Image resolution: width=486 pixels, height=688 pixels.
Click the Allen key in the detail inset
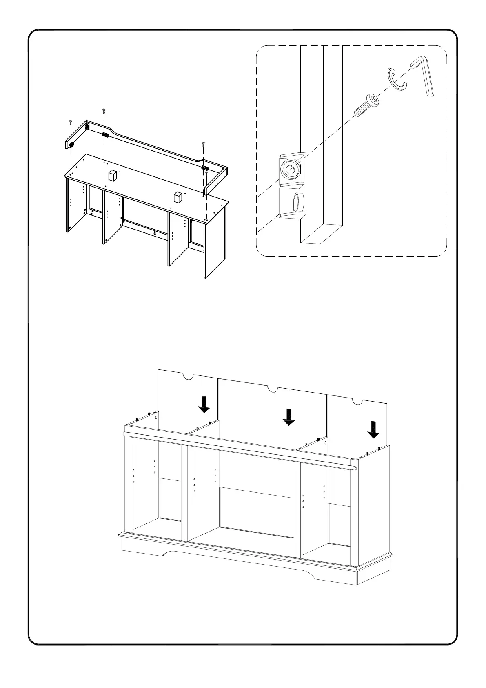point(424,77)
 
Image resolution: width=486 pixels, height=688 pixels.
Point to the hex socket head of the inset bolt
point(373,99)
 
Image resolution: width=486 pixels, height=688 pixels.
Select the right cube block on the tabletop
point(177,197)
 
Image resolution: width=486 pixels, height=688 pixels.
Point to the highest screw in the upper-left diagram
point(103,110)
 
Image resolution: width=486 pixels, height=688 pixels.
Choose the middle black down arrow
point(288,418)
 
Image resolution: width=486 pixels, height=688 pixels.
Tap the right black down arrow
point(373,430)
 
